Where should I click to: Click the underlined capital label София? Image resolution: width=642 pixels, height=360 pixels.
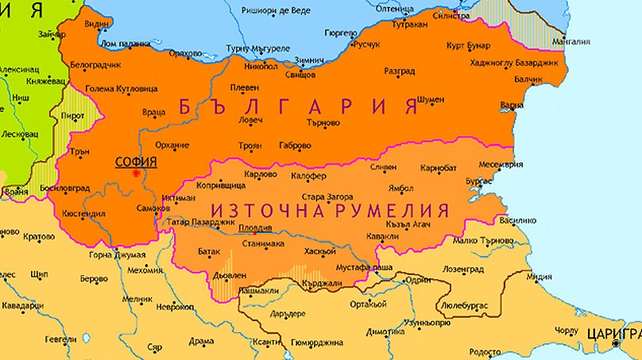(x=135, y=161)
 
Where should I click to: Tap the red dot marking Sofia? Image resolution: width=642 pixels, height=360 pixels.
(x=137, y=172)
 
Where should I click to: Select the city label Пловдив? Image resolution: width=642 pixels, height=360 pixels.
(x=257, y=228)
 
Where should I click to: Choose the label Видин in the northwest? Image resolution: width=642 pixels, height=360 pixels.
(x=96, y=25)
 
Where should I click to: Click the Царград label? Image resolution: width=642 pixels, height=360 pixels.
(x=613, y=332)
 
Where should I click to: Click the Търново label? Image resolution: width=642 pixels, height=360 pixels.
(x=321, y=122)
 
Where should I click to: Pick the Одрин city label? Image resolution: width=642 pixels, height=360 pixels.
(x=418, y=280)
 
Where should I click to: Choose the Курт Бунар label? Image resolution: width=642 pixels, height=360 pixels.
(x=466, y=45)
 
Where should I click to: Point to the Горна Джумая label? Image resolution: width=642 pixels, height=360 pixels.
(x=117, y=255)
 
